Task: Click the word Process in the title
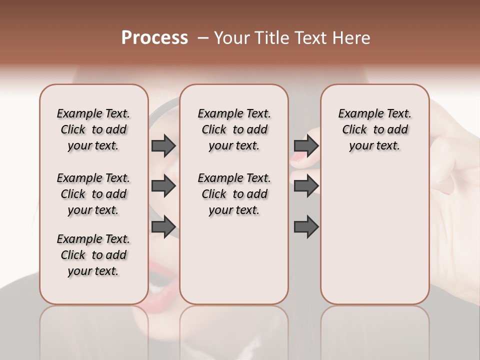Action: tap(154, 38)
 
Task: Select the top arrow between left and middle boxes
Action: tap(163, 145)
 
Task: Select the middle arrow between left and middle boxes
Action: tap(163, 186)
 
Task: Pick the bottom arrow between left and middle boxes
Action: tap(163, 227)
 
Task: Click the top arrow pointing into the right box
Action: tap(306, 145)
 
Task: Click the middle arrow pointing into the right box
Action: tap(306, 186)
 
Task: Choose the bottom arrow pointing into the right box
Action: tap(306, 227)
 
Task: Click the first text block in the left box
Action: tap(93, 129)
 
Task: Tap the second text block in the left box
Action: tap(93, 194)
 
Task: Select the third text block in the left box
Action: tap(93, 255)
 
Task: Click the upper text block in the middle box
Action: tap(234, 129)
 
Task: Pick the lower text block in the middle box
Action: tap(234, 194)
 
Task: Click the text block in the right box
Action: tap(374, 129)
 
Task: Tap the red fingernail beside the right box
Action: tap(298, 159)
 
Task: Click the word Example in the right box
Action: tap(357, 114)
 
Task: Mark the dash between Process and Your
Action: tap(202, 38)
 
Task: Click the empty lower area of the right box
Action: tap(374, 240)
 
